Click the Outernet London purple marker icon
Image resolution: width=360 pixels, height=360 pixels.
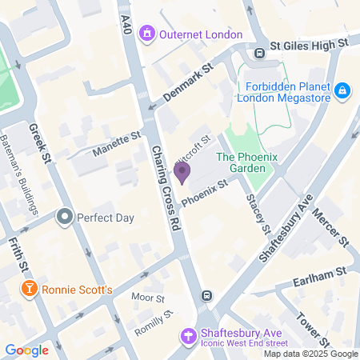(146, 34)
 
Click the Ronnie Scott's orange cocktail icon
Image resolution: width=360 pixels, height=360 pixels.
(29, 289)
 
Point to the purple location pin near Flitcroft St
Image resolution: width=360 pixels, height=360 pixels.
(182, 172)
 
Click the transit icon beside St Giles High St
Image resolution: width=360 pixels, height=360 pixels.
(260, 53)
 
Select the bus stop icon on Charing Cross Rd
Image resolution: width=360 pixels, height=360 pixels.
(207, 295)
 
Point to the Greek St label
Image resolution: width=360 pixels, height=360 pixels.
(39, 142)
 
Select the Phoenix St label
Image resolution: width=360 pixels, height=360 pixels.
(205, 193)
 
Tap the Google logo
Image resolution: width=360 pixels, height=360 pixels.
(26, 350)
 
